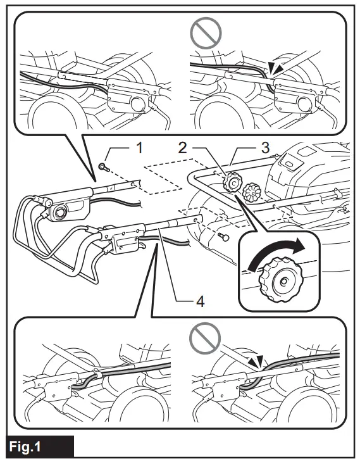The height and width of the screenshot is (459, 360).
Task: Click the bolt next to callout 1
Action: coord(102,167)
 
